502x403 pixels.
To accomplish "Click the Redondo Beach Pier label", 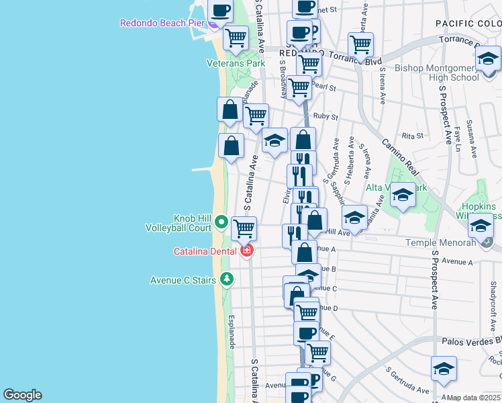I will (x=161, y=23).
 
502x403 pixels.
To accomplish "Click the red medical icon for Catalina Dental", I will (x=247, y=251).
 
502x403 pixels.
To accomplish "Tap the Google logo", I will (x=22, y=394).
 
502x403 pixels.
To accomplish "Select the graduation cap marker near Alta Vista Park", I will (x=403, y=195).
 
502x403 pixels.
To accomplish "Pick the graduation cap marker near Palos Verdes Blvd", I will (x=444, y=369).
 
